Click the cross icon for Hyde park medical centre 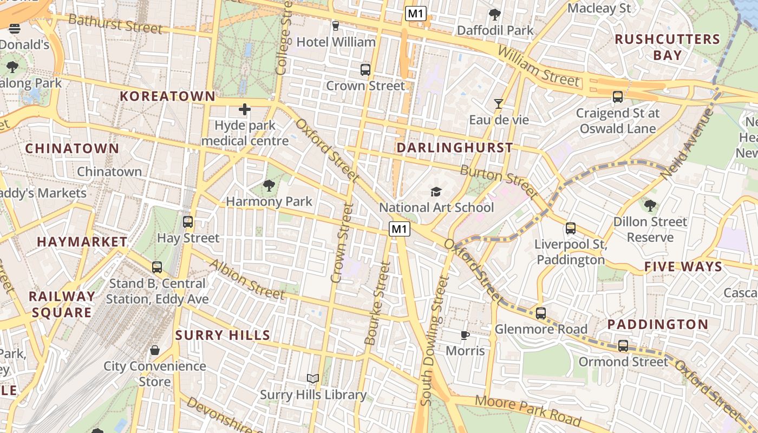coord(245,110)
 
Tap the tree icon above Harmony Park coord(269,186)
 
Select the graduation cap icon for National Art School coord(436,192)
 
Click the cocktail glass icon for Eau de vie coord(499,103)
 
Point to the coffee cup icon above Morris coord(465,335)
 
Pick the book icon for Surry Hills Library coord(313,378)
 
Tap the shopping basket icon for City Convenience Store coord(155,350)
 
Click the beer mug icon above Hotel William coord(336,25)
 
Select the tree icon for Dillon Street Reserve coord(650,206)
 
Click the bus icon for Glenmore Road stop coord(540,313)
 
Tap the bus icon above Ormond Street coord(623,346)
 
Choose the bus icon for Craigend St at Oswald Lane coord(617,97)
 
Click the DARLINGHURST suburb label coord(455,148)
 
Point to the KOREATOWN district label coord(167,97)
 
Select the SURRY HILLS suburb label coord(223,336)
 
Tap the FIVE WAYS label coord(683,267)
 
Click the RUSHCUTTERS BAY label coord(667,47)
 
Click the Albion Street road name coord(247,279)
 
